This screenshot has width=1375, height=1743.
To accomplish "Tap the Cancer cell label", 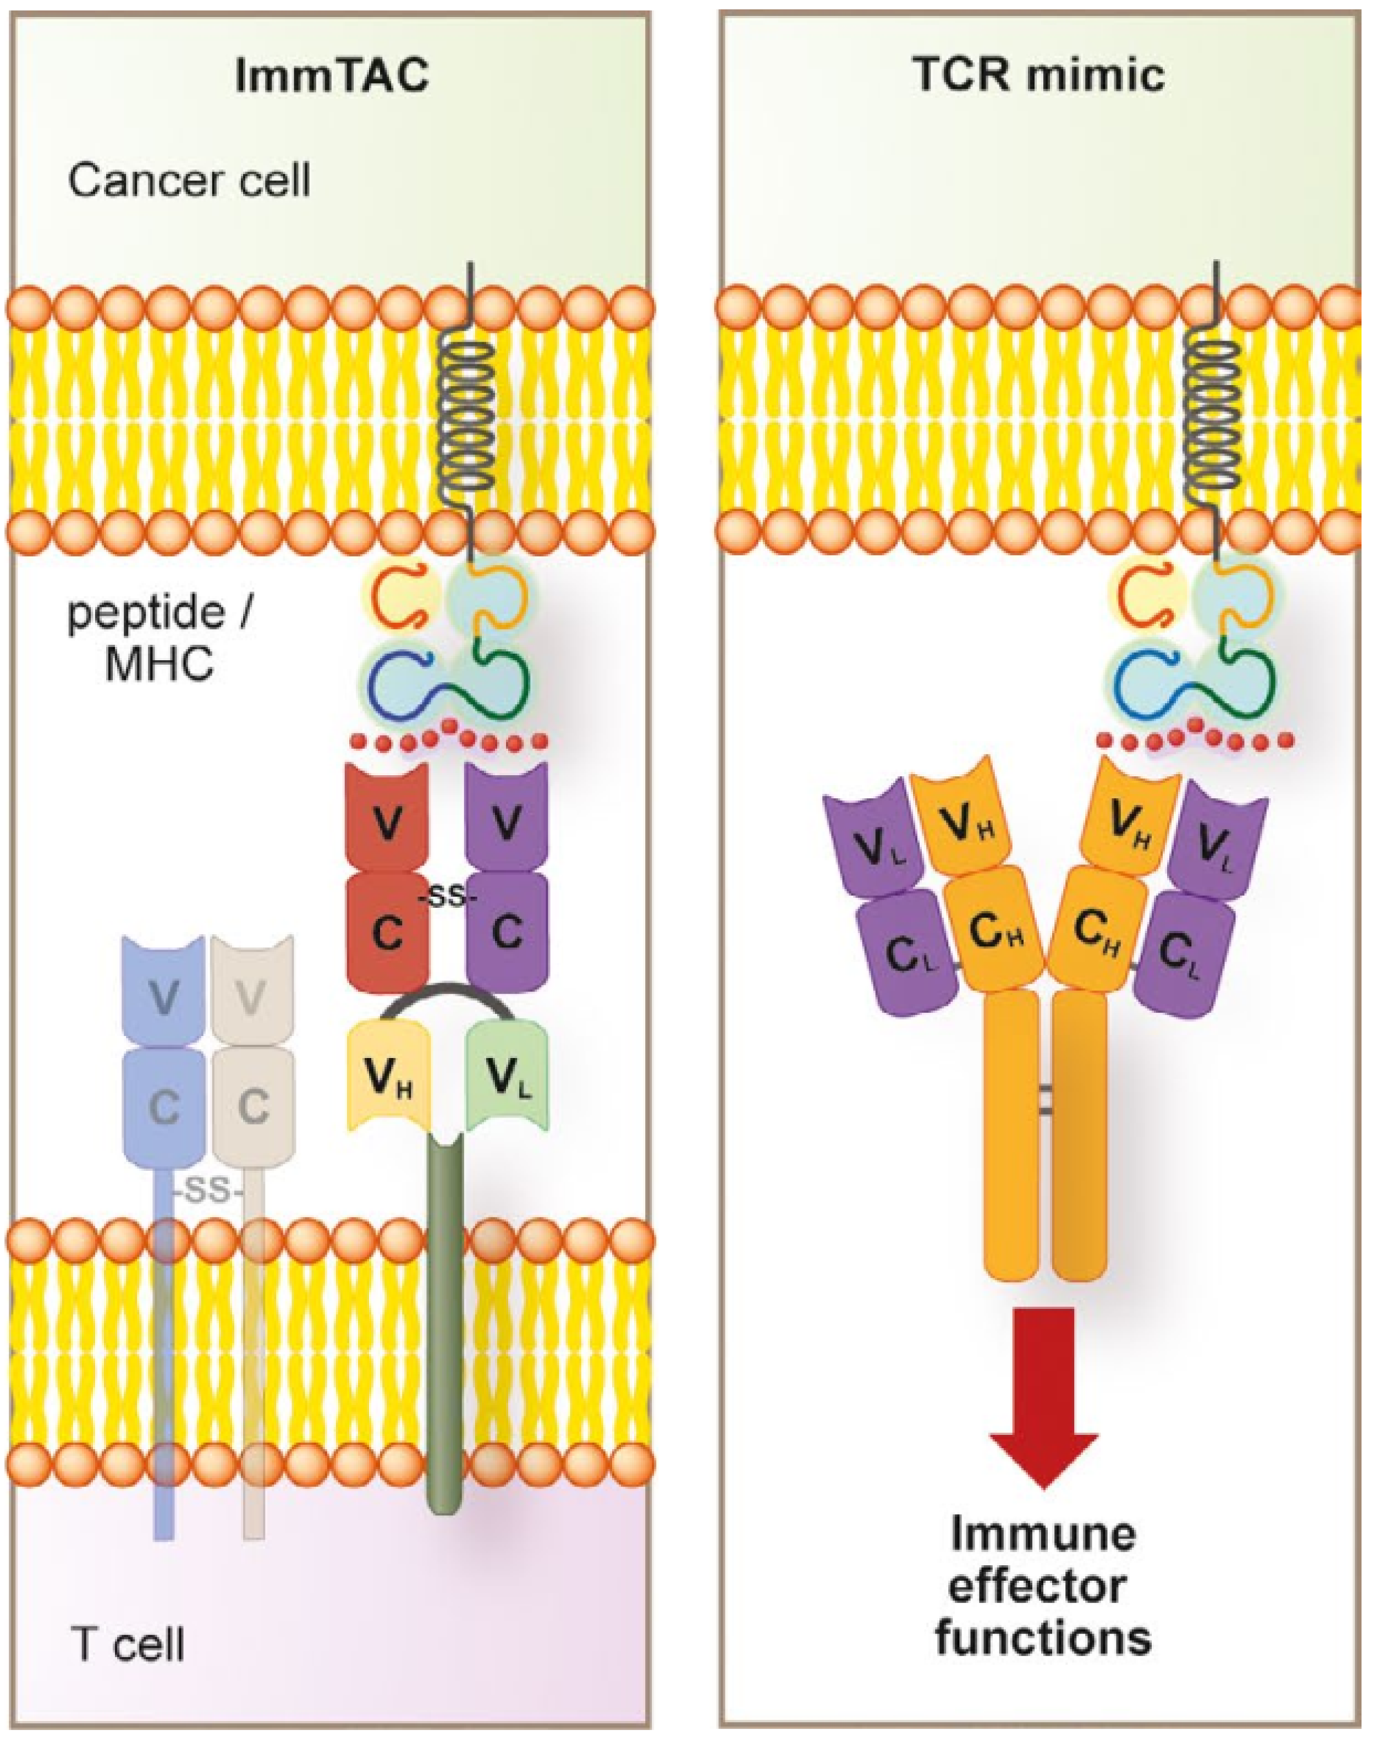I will [189, 181].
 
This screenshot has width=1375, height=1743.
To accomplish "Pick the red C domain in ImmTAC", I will [387, 934].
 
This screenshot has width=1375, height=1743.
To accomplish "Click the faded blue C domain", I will [163, 1107].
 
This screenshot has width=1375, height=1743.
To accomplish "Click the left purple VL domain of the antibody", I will [871, 845].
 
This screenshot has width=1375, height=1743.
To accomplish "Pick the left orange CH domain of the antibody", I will [997, 934].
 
